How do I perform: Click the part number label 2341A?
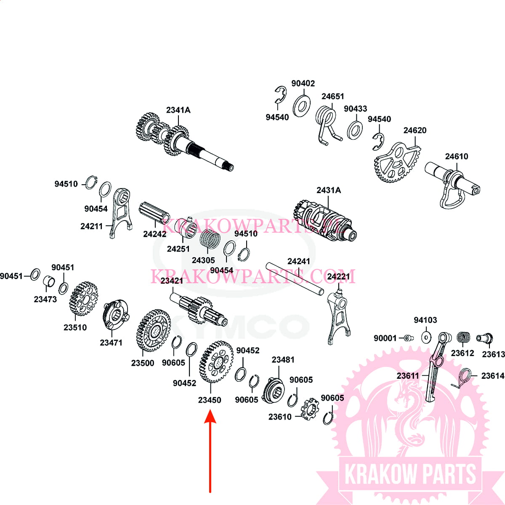[178, 110]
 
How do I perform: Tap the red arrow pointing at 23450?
[210, 450]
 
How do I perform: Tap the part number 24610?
[457, 157]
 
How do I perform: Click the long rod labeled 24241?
[295, 278]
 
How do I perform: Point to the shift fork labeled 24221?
[338, 315]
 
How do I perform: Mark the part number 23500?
[143, 363]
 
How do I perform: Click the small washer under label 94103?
[426, 337]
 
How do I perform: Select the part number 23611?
[408, 375]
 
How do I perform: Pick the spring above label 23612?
[464, 338]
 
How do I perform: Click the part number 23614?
[493, 376]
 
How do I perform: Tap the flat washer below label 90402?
[301, 106]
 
